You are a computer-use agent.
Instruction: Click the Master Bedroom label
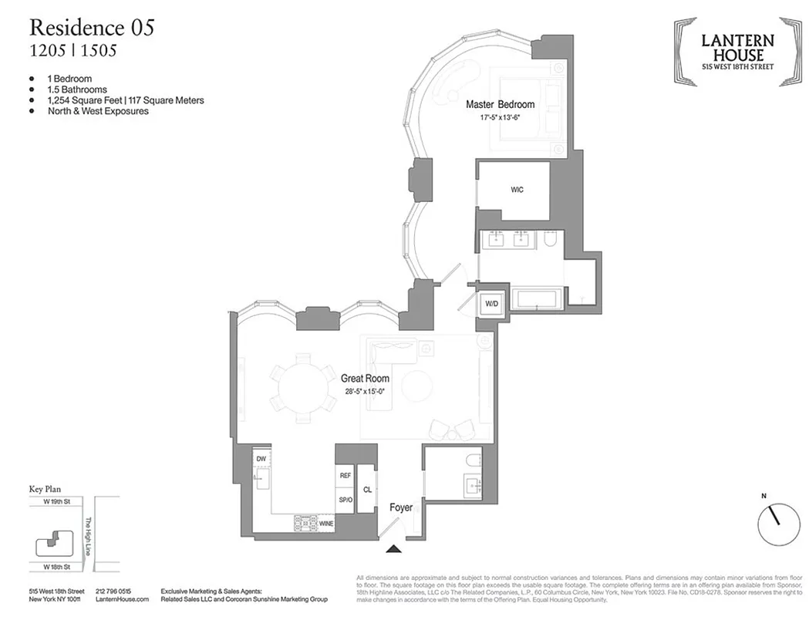[500, 104]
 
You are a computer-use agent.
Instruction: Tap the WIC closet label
[517, 190]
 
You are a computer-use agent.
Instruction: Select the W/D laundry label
[491, 305]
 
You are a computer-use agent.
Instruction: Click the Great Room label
[365, 379]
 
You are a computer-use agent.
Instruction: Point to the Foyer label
[400, 507]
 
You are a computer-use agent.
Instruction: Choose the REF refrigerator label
[346, 476]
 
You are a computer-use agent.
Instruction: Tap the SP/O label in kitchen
[346, 500]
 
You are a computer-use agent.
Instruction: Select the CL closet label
[368, 488]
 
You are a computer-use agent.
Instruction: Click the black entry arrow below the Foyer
[394, 549]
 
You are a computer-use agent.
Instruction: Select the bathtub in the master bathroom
[541, 300]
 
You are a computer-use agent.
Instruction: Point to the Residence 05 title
[91, 28]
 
